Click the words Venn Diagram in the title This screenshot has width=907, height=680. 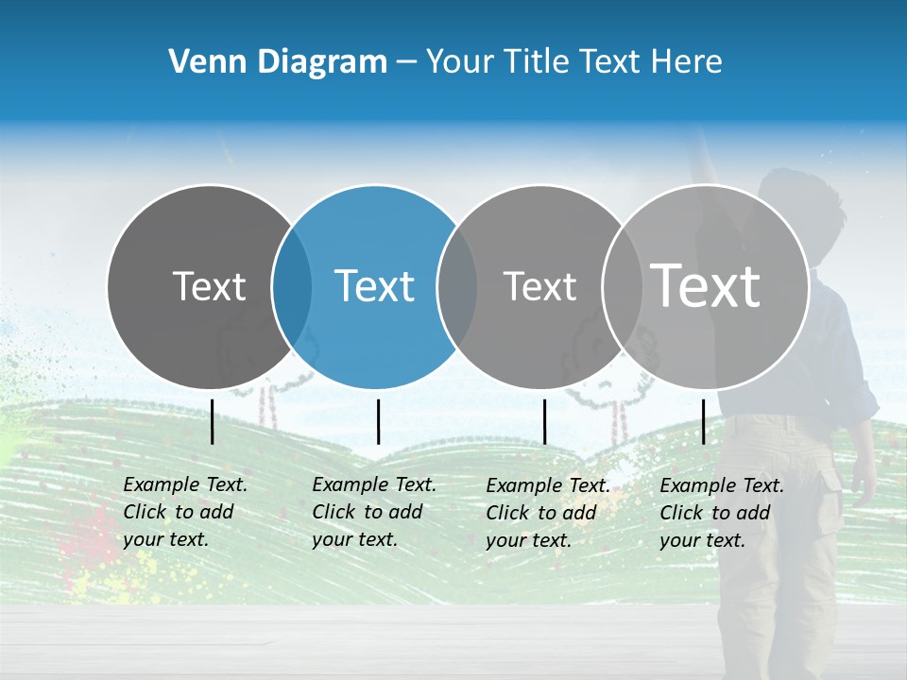pyautogui.click(x=278, y=61)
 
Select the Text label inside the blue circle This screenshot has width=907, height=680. pyautogui.click(x=374, y=286)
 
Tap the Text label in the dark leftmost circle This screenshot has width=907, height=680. pyautogui.click(x=209, y=286)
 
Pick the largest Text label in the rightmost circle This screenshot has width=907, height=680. pyautogui.click(x=706, y=285)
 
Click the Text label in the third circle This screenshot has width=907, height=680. pyautogui.click(x=539, y=286)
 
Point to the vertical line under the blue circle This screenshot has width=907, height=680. pyautogui.click(x=378, y=421)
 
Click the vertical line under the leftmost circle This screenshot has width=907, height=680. pyautogui.click(x=213, y=421)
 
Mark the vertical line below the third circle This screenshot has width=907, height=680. pyautogui.click(x=544, y=421)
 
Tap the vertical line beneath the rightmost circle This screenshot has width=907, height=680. pyautogui.click(x=703, y=421)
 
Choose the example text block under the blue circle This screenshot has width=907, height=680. pyautogui.click(x=374, y=512)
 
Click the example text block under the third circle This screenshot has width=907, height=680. pyautogui.click(x=548, y=513)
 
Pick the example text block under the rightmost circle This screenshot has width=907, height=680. pyautogui.click(x=722, y=513)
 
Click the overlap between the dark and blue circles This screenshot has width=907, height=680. pyautogui.click(x=292, y=287)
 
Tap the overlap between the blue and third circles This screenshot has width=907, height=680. pyautogui.click(x=457, y=287)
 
